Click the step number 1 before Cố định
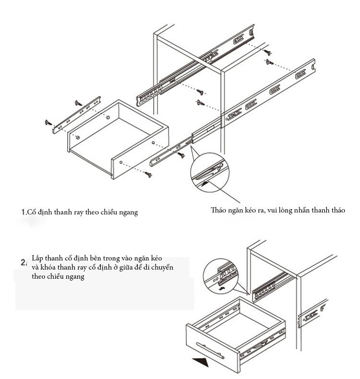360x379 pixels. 24,212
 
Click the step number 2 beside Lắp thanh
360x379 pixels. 23,262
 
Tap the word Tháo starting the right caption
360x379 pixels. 219,210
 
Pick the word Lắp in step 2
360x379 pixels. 38,258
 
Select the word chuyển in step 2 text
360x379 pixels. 163,267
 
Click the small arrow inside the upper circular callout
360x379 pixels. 205,183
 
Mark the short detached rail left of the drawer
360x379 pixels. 77,113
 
